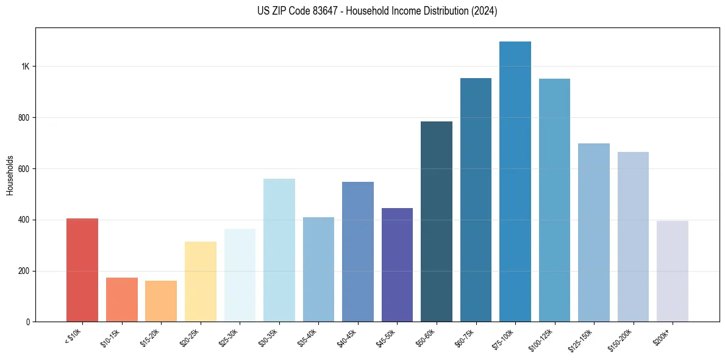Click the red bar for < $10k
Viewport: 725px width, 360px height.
coord(82,270)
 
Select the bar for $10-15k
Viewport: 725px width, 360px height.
coord(122,300)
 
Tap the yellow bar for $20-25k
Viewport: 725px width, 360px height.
coord(201,281)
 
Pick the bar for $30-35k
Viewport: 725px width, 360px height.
coord(279,250)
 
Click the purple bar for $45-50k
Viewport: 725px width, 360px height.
coord(397,265)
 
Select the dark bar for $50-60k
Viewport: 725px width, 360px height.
coord(437,221)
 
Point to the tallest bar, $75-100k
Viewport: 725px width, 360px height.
coord(515,181)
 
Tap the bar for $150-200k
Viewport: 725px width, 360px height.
coord(633,237)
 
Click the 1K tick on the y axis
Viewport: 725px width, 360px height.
coord(26,67)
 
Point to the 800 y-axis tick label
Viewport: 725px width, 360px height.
coord(24,118)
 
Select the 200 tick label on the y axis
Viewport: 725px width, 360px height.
coord(24,271)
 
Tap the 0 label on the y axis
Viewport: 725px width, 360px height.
coord(28,322)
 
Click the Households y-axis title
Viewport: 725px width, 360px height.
coord(10,175)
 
